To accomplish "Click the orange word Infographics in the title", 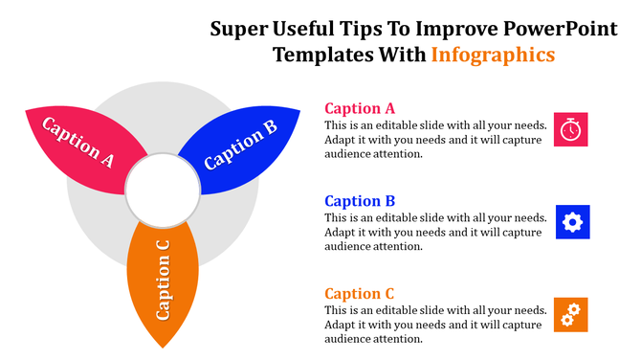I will click(493, 55).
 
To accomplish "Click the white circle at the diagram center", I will click(164, 186).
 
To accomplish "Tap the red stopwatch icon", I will click(571, 129).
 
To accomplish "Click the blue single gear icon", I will click(572, 222).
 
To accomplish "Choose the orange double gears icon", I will click(571, 314).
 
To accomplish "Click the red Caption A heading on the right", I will click(360, 108).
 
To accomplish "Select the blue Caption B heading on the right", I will click(360, 201).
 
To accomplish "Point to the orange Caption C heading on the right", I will click(360, 294).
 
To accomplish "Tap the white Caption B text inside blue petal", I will click(240, 144).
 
